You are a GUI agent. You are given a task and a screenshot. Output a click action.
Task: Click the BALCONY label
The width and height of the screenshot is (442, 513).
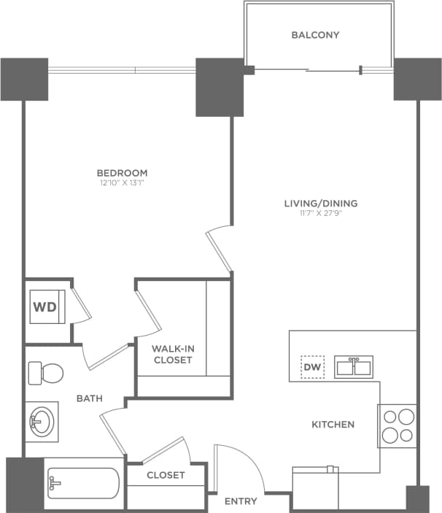(x=315, y=35)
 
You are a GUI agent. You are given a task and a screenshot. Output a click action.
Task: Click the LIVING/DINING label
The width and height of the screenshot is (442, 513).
(x=321, y=204)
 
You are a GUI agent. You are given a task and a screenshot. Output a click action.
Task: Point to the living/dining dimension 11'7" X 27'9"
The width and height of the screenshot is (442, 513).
(x=321, y=214)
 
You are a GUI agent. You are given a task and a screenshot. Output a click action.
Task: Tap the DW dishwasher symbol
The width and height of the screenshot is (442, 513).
(x=312, y=367)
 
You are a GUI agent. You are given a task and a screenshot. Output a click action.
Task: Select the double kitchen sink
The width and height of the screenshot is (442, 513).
(x=354, y=366)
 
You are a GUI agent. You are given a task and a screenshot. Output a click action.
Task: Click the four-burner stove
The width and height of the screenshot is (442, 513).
(x=397, y=426)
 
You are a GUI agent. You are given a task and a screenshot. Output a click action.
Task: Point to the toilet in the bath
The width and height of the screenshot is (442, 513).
(x=44, y=374)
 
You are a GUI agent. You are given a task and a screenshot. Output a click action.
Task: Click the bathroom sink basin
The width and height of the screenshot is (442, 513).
(x=40, y=422)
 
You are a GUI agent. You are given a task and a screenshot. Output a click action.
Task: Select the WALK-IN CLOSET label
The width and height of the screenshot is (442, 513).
(x=172, y=354)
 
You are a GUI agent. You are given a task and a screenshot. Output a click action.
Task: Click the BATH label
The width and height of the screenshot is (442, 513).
(x=90, y=399)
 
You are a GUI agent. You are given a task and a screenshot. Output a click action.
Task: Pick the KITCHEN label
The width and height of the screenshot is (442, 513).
(x=333, y=424)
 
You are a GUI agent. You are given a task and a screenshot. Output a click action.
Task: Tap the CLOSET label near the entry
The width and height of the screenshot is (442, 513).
(x=166, y=475)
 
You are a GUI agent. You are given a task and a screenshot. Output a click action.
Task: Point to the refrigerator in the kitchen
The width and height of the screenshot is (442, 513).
(x=316, y=489)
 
